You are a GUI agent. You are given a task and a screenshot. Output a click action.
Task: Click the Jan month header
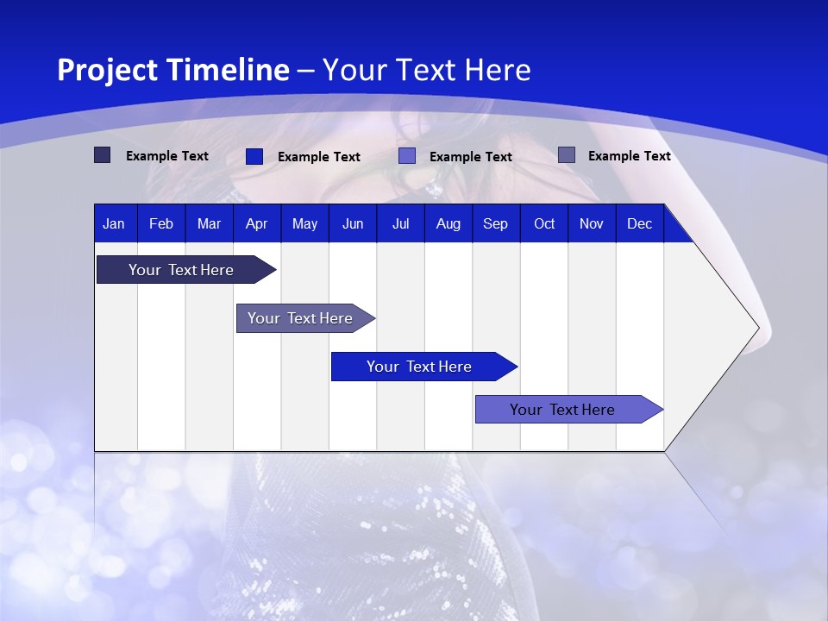pyautogui.click(x=114, y=223)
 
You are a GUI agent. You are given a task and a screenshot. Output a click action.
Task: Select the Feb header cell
pyautogui.click(x=161, y=223)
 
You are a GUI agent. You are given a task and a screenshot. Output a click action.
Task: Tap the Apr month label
pyautogui.click(x=256, y=223)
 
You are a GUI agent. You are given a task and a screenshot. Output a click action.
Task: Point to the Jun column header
pyautogui.click(x=353, y=223)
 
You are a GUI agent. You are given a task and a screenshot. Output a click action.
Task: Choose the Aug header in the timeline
pyautogui.click(x=448, y=223)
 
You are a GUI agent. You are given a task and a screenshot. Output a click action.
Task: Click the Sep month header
pyautogui.click(x=495, y=223)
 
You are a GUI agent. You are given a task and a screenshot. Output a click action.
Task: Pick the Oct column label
pyautogui.click(x=544, y=223)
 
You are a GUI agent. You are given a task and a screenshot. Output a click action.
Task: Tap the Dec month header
pyautogui.click(x=639, y=223)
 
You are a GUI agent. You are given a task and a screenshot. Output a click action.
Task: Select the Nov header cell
pyautogui.click(x=592, y=223)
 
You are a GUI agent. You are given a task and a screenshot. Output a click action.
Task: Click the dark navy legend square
pyautogui.click(x=102, y=155)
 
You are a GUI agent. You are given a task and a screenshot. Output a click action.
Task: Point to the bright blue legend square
pyautogui.click(x=254, y=156)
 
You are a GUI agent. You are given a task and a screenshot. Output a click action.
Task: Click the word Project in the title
pyautogui.click(x=107, y=70)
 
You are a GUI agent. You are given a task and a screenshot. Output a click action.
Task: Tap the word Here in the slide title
pyautogui.click(x=498, y=70)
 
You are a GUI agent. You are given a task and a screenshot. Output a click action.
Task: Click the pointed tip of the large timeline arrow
pyautogui.click(x=756, y=328)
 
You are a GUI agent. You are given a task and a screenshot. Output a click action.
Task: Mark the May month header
pyautogui.click(x=304, y=223)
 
